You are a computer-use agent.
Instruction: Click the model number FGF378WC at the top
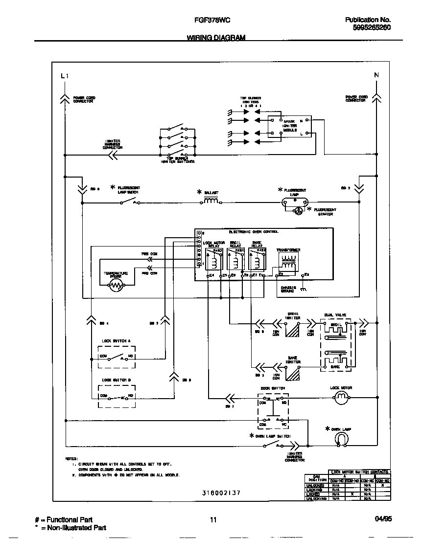[209, 20]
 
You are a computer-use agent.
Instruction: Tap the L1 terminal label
[65, 76]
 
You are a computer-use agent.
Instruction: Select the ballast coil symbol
[211, 201]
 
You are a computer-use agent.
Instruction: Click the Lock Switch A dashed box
[117, 358]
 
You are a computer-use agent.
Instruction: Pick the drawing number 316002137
[221, 493]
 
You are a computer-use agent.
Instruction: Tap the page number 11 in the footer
[213, 520]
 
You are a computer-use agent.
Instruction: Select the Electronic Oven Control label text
[254, 231]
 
